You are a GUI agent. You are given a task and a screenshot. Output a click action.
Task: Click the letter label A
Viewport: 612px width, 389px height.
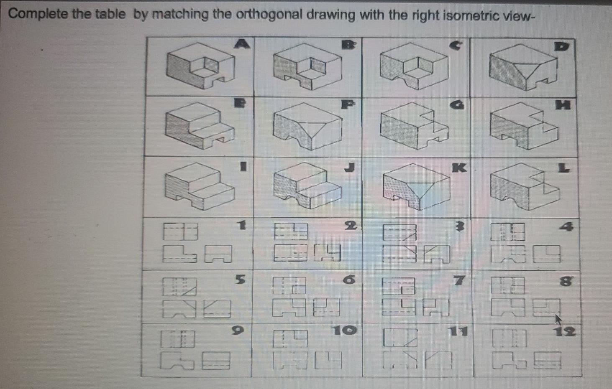[x=242, y=43]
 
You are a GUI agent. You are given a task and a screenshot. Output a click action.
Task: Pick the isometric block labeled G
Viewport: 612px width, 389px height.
[x=414, y=126]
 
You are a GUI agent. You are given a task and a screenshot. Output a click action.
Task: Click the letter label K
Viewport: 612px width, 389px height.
[x=458, y=168]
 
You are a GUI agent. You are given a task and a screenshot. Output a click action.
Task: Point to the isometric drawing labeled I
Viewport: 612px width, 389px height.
[x=199, y=186]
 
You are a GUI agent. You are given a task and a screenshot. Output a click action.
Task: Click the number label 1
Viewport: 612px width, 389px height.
[x=241, y=225]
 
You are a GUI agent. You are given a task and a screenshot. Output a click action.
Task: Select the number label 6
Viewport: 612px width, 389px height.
[x=349, y=279]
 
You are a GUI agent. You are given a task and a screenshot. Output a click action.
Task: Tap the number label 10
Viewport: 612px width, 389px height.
[x=344, y=331]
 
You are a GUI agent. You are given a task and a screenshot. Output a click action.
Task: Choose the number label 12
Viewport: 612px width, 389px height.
[x=564, y=332]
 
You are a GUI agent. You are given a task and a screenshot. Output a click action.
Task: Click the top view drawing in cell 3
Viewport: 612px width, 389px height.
[x=399, y=233]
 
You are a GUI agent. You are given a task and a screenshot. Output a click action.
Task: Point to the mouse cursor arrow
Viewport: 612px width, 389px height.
[x=558, y=320]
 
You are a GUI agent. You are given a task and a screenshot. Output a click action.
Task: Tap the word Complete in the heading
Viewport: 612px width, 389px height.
[x=38, y=14]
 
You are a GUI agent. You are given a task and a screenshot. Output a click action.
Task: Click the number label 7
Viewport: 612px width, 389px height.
[x=458, y=280]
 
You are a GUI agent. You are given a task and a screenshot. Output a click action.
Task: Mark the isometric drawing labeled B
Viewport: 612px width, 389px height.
[x=307, y=67]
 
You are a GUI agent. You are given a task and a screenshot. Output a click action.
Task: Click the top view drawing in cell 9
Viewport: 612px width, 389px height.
[x=177, y=339]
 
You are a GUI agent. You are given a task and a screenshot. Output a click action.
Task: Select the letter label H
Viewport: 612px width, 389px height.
[x=563, y=105]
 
